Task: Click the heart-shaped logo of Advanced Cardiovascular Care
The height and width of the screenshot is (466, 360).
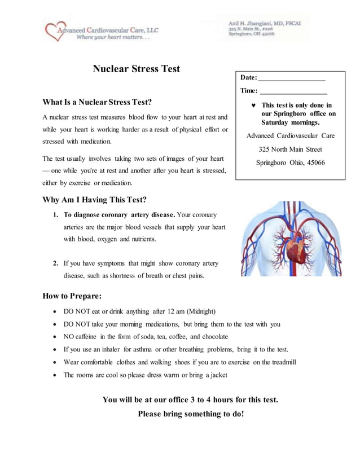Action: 55,31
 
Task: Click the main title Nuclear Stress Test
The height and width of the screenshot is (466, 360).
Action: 136,69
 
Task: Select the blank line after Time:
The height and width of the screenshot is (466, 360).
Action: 293,91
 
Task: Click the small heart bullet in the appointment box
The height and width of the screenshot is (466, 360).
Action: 253,105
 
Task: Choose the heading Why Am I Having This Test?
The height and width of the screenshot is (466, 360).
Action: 94,200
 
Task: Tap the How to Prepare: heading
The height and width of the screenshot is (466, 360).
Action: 72,296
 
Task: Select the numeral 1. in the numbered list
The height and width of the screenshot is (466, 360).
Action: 56,215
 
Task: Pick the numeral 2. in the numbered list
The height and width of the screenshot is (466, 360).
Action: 56,263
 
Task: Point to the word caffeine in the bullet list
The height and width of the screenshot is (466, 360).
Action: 90,337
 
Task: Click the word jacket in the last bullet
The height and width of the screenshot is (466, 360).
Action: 217,375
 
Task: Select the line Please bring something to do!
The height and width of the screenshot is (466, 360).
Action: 191,414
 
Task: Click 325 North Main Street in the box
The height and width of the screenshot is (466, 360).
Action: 290,150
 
